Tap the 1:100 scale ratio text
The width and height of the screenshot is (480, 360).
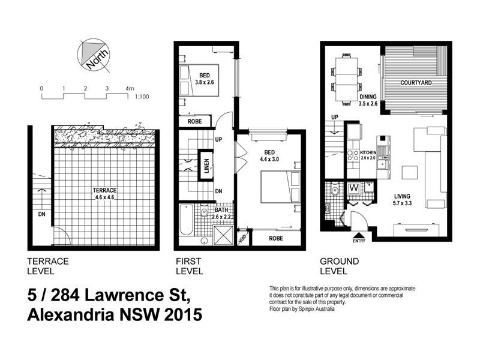pos(143,95)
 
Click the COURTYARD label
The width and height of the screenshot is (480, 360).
pos(417,82)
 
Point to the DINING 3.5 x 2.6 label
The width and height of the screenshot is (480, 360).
pos(367,100)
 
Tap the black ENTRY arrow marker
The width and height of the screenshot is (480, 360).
pos(358,235)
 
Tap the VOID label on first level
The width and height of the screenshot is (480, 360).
pos(242,238)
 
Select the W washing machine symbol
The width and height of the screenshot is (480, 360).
pos(354,188)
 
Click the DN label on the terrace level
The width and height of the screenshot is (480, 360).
pos(41,214)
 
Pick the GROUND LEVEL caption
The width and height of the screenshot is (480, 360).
pos(339,266)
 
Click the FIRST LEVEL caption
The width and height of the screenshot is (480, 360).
pos(188,266)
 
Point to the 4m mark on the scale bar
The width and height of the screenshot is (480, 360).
pos(129,88)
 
